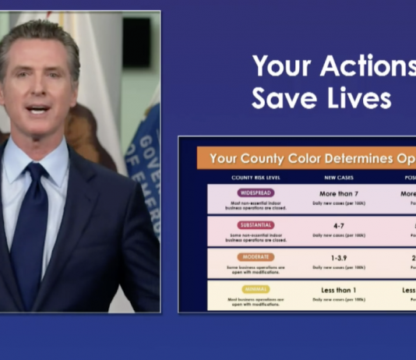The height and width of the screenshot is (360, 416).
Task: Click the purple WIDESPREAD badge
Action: (256, 192)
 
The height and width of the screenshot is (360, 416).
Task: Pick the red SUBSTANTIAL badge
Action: (256, 224)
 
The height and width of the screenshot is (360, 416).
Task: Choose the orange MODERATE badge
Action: (256, 256)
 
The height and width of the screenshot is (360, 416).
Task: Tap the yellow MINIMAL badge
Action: (256, 289)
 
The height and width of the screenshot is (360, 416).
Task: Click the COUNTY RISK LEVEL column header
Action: (256, 177)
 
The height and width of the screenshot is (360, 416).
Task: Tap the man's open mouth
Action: (37, 109)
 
